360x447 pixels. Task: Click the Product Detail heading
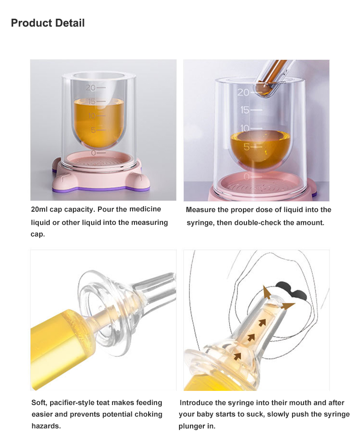(48, 23)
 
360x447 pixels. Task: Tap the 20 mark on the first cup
(90, 87)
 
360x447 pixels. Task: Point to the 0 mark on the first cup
(93, 152)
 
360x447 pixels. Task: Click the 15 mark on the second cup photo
(245, 110)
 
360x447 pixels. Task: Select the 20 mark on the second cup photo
(243, 93)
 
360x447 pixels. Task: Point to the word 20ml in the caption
(41, 209)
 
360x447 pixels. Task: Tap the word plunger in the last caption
(192, 426)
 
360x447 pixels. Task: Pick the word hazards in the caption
(46, 426)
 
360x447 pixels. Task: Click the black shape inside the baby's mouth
(290, 289)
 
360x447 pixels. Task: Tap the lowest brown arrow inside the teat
(237, 356)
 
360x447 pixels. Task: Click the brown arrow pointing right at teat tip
(288, 305)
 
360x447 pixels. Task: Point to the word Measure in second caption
(201, 210)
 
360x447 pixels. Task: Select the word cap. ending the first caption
(38, 234)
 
